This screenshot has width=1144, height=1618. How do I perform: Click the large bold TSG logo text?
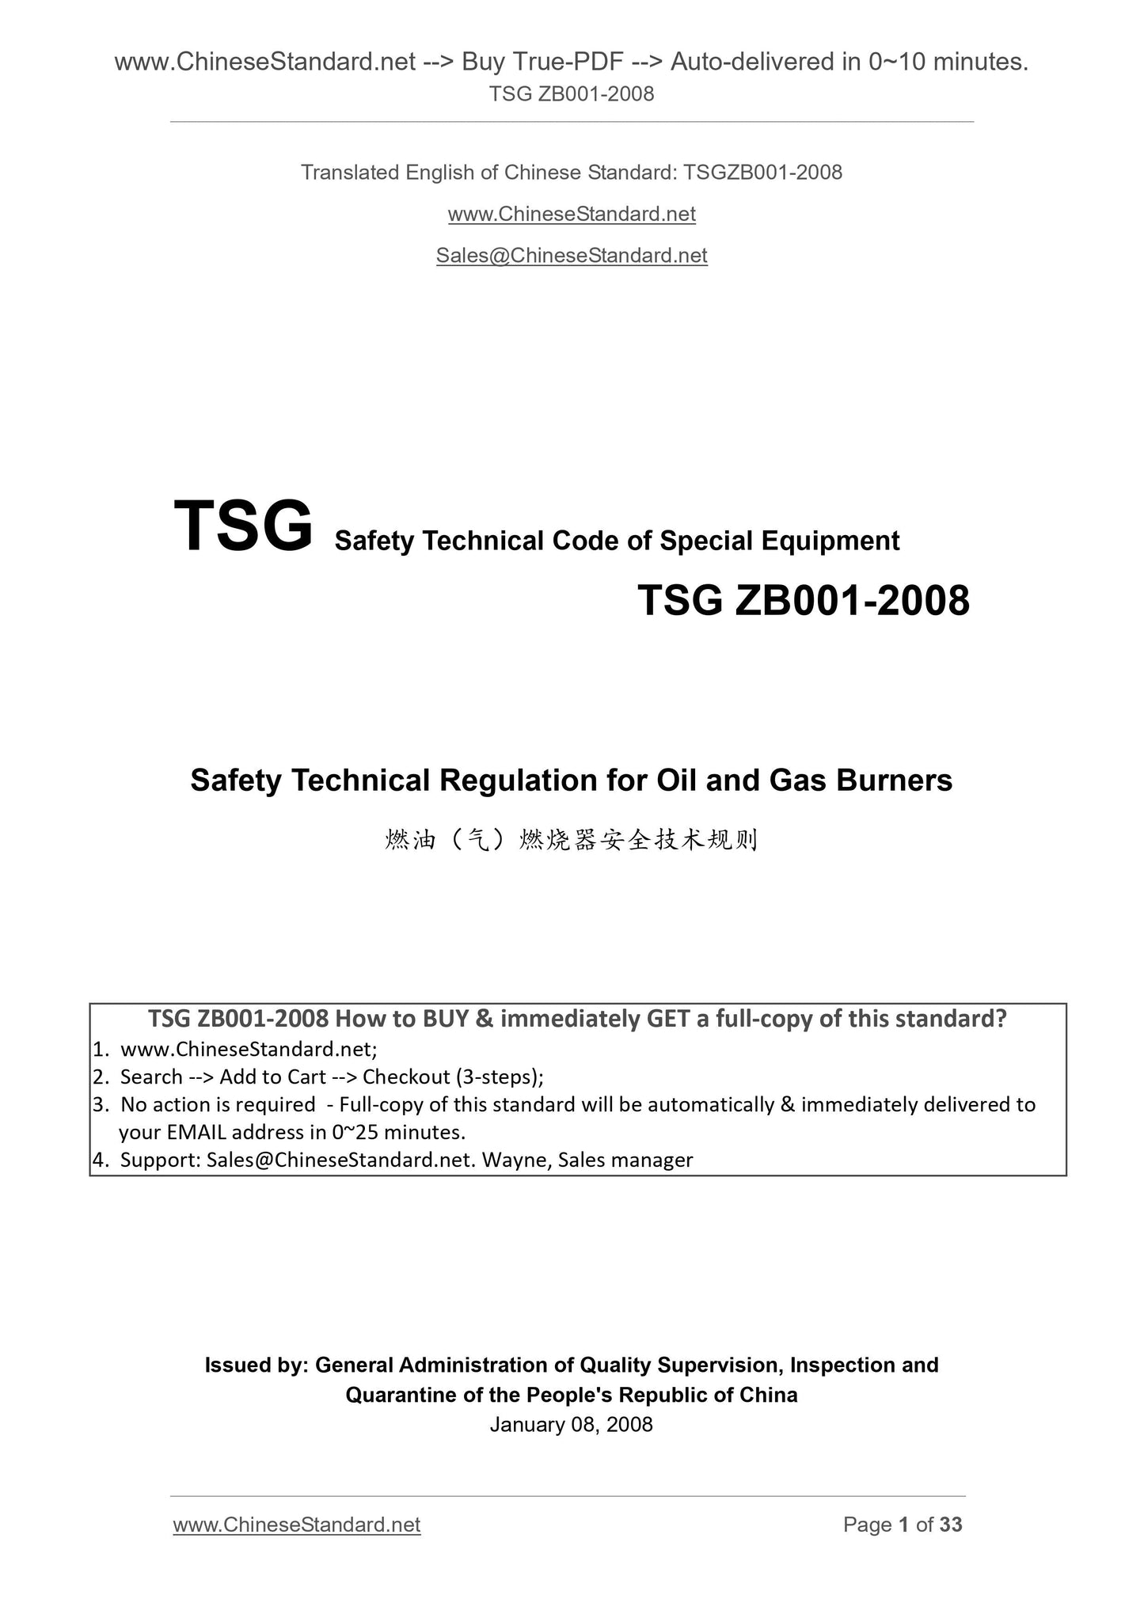pos(243,526)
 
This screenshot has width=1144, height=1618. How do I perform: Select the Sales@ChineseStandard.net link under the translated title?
pos(572,256)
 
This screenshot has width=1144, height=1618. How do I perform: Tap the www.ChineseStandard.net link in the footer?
pos(296,1525)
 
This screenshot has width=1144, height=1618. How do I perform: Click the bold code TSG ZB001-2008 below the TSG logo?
pos(803,600)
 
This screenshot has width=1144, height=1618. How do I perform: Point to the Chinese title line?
pos(572,840)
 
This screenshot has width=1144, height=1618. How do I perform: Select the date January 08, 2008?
pos(572,1425)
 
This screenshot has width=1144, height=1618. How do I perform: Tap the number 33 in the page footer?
pos(951,1525)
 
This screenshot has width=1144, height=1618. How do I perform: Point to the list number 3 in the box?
pos(99,1104)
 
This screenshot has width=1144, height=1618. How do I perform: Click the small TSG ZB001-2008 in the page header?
pos(572,94)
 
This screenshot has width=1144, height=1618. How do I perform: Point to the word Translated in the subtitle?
pos(349,173)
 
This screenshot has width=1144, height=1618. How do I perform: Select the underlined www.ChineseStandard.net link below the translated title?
pos(572,215)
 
